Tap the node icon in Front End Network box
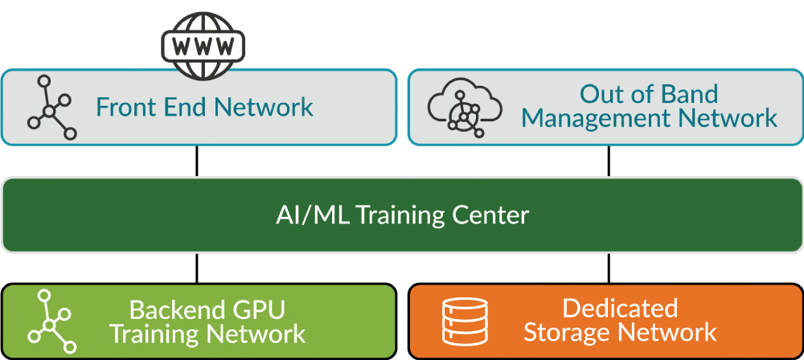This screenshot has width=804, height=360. coord(49,108)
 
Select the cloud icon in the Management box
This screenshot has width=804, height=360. coord(461,108)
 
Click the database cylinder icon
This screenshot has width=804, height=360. coord(465,321)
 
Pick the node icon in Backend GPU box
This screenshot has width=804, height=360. coord(49,321)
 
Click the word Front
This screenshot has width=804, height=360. coord(125,107)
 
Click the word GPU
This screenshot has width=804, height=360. coord(259,309)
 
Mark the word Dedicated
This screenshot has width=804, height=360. coord(619,309)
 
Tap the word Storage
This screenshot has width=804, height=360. coord(568,333)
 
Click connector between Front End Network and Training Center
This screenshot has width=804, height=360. coord(197,162)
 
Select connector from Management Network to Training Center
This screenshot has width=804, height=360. coord(608,162)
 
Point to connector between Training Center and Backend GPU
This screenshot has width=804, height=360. coord(197,268)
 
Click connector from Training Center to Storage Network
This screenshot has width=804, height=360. coord(608,268)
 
